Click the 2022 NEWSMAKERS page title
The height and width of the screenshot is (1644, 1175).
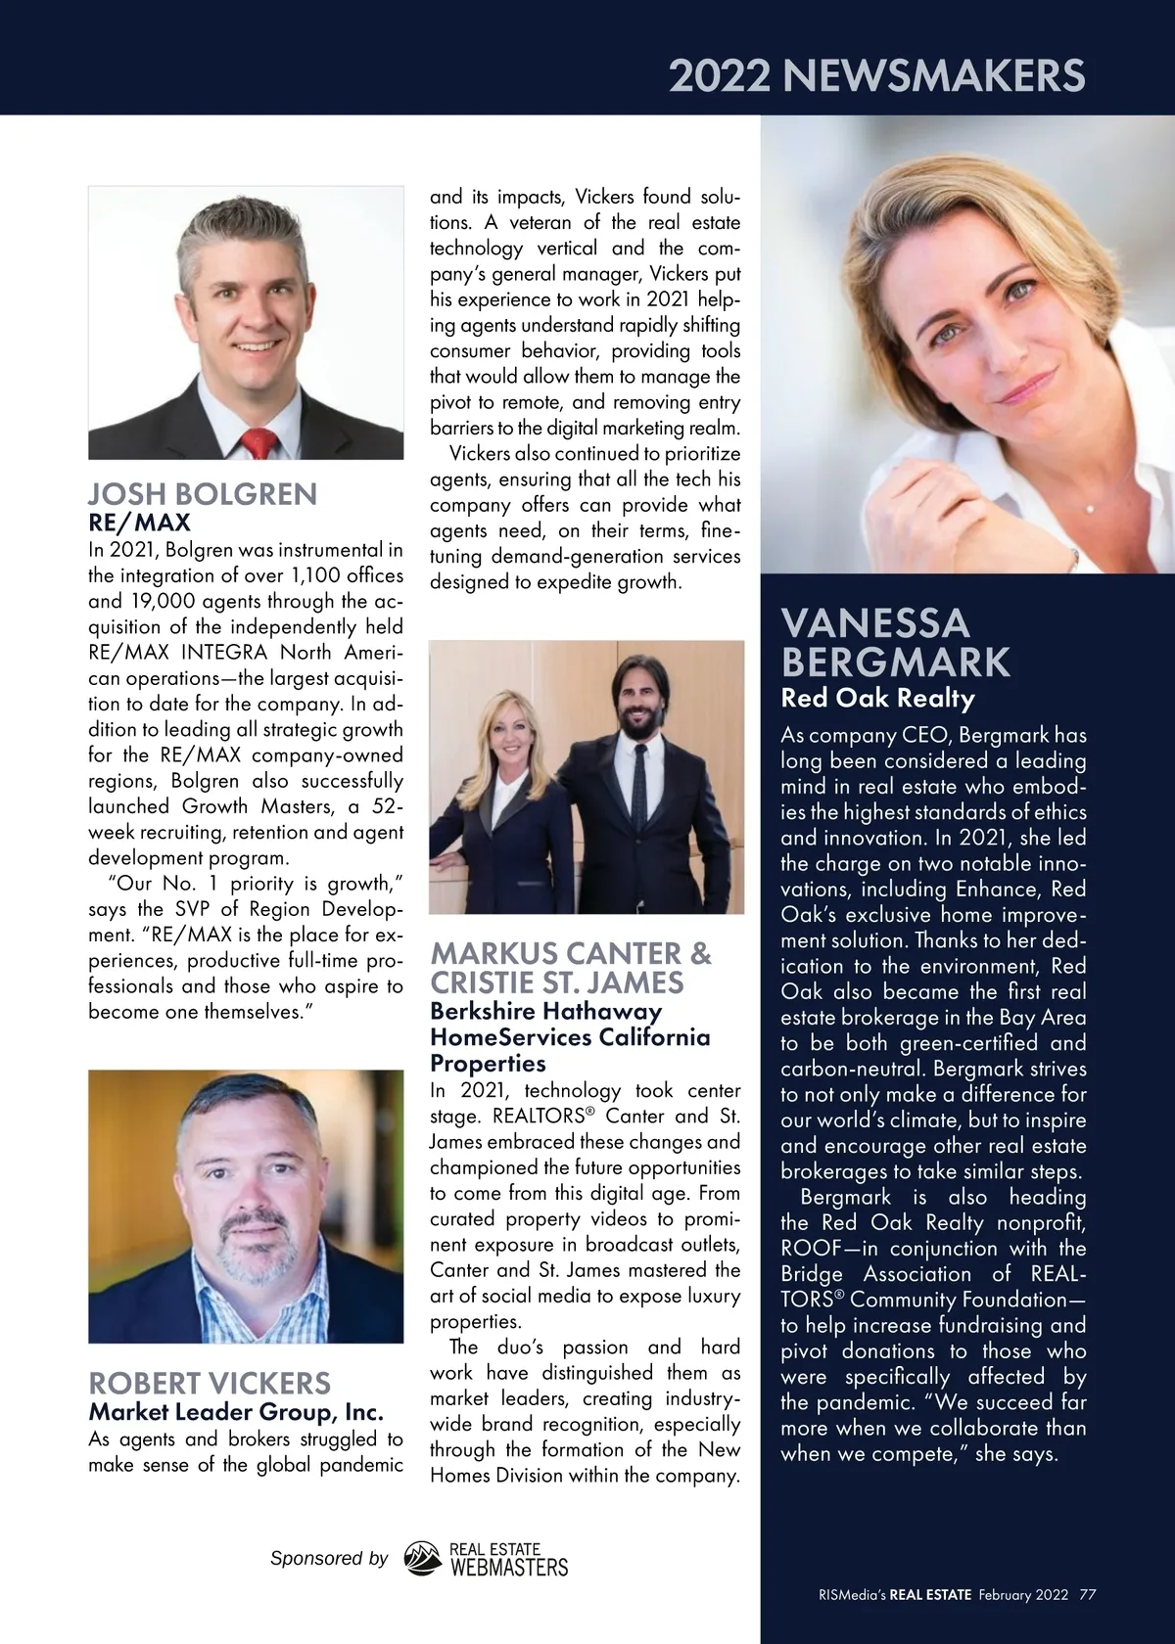pos(876,75)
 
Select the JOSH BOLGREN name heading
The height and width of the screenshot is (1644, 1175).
pos(203,494)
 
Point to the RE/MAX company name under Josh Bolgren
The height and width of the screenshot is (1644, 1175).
pos(139,523)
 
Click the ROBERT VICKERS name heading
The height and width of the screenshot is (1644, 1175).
pos(210,1383)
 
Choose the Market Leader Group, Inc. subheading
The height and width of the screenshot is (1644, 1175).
pos(236,1412)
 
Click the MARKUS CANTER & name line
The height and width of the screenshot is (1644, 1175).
pos(571,953)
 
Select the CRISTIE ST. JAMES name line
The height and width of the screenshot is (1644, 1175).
pos(557,982)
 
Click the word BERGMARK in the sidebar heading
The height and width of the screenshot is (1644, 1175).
pos(895,663)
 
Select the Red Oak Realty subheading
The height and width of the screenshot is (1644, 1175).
pos(877,699)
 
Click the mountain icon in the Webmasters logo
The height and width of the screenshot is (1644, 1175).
pos(423,1560)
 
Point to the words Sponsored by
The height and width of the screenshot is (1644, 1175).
pos(329,1559)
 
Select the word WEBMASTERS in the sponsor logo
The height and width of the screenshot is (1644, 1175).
pos(507,1568)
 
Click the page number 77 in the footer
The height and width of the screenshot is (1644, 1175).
pos(1088,1595)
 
